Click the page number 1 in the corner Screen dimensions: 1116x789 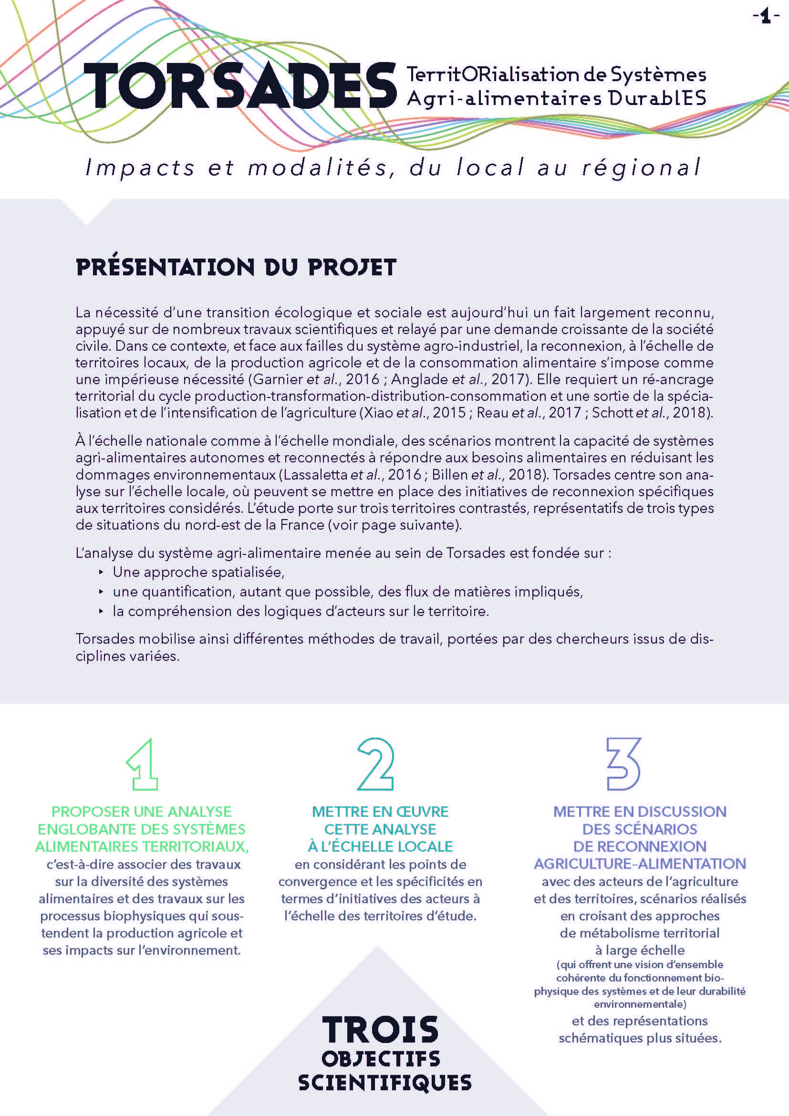(x=766, y=18)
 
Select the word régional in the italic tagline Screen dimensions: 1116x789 (x=641, y=167)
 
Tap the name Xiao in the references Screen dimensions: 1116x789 (x=377, y=413)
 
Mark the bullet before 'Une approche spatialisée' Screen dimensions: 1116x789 (x=101, y=572)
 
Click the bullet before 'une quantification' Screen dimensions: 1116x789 (x=101, y=592)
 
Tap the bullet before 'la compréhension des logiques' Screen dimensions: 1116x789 (x=101, y=611)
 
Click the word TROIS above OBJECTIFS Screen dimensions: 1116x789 (x=380, y=1031)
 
